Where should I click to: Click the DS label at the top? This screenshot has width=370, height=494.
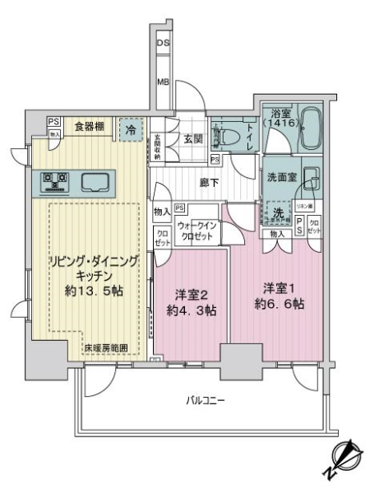[163, 43]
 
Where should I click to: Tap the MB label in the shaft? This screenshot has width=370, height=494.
[163, 82]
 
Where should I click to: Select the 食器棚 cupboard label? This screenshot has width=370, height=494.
[89, 126]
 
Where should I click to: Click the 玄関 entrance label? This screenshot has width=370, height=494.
[193, 139]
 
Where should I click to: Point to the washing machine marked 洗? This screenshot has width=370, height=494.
[280, 212]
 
